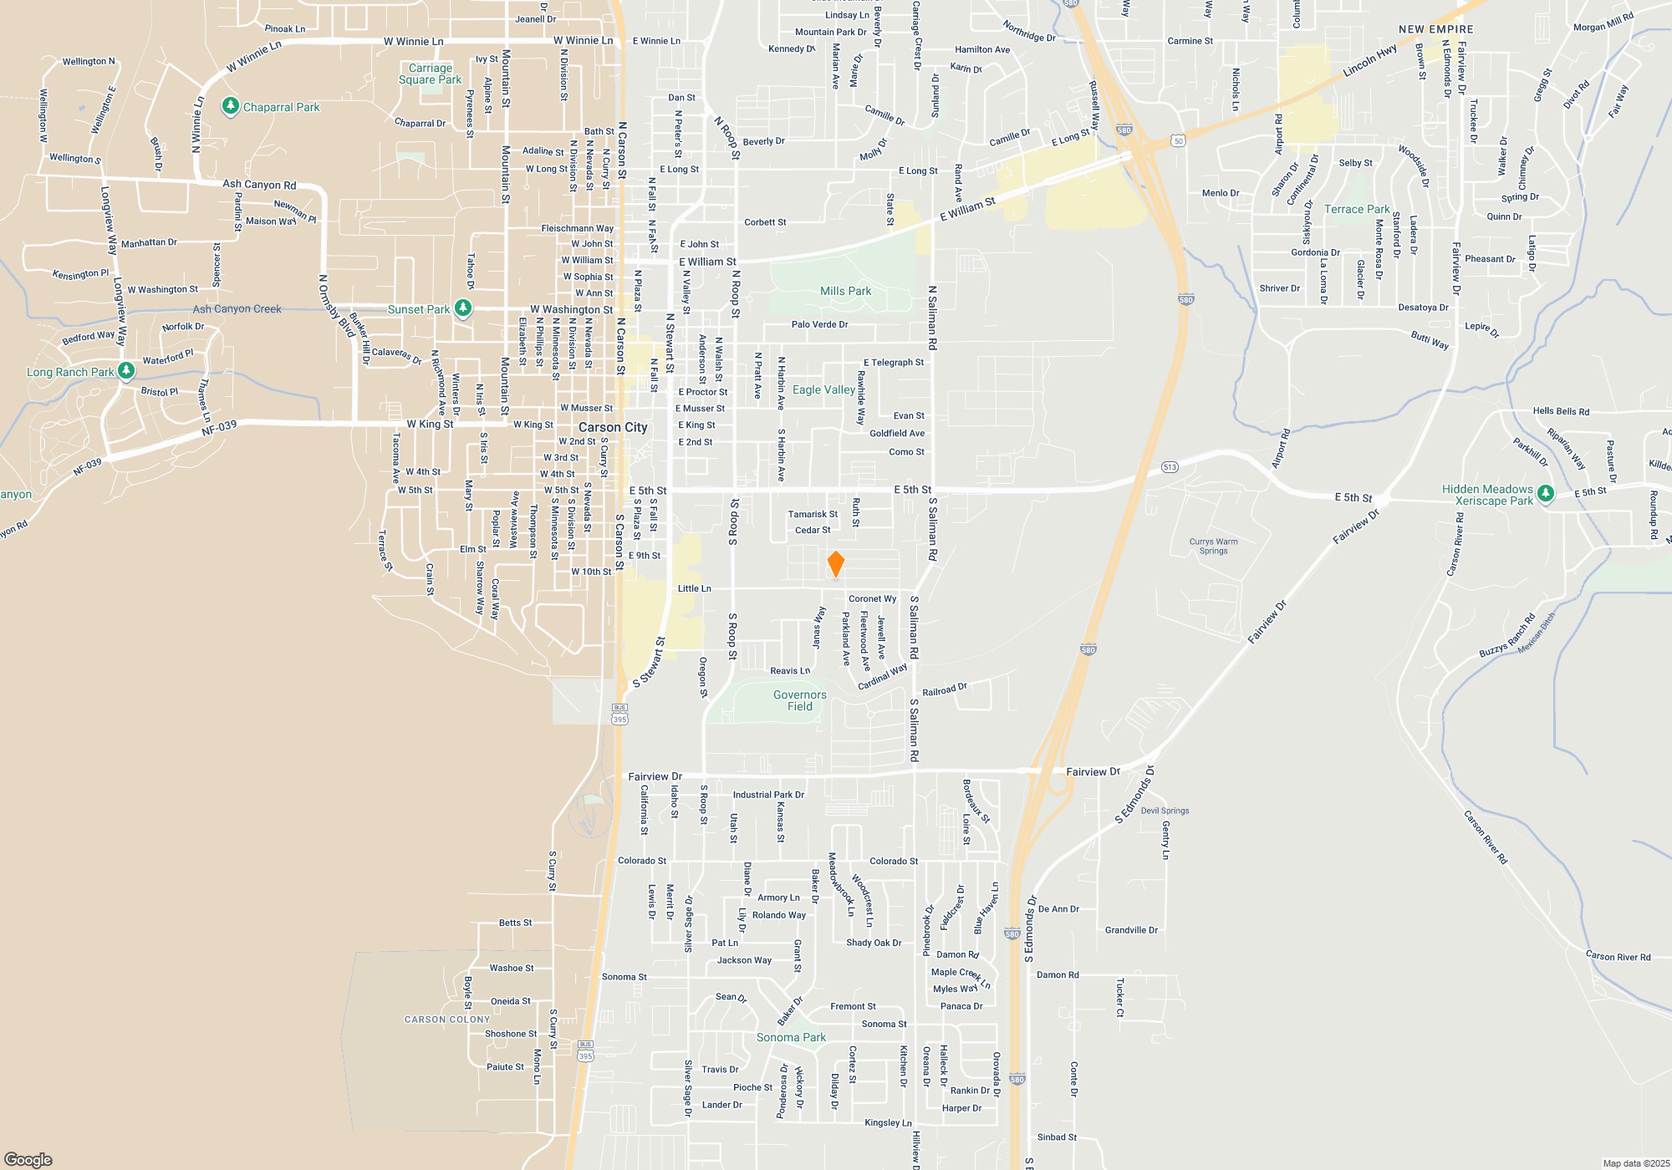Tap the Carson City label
[x=613, y=427]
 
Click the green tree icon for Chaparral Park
[x=231, y=107]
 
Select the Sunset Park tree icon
[x=462, y=308]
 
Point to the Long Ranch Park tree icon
[x=126, y=370]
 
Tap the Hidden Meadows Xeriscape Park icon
[x=1546, y=494]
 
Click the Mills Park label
[x=845, y=291]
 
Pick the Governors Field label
[x=799, y=700]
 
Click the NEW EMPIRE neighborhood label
[x=1436, y=29]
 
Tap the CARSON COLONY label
[x=447, y=1020]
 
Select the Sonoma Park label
[x=791, y=1037]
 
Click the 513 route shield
[x=1170, y=467]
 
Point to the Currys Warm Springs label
[x=1213, y=546]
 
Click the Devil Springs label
[x=1165, y=811]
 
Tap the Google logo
[x=28, y=1159]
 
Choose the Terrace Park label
[x=1357, y=209]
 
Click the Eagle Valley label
[x=823, y=389]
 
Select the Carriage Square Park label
[x=430, y=74]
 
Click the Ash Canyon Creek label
[x=237, y=308]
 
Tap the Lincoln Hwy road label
[x=1369, y=61]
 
